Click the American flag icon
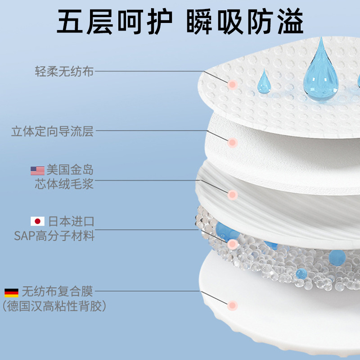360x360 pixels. pos(37,171)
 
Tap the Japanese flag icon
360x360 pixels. pos(37,221)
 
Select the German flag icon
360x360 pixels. pos(11,292)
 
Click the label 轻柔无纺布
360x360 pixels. pos(64,71)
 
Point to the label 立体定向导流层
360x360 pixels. pos(52,131)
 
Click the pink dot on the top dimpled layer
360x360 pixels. pos(232,84)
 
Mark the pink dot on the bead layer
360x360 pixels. pos(232,244)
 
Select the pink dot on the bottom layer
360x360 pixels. pos(232,305)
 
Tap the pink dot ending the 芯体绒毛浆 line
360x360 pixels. pos(232,195)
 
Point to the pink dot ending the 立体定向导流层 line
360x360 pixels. pos(232,142)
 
